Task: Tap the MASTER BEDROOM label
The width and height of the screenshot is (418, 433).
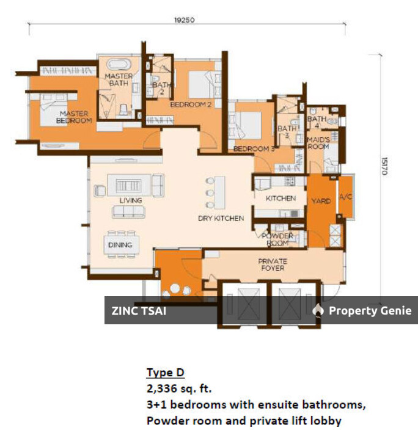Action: click(x=75, y=117)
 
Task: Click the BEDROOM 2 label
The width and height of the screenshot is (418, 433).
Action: click(x=190, y=104)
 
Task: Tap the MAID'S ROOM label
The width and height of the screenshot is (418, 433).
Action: click(x=318, y=143)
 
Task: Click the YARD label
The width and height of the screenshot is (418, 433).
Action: click(x=321, y=199)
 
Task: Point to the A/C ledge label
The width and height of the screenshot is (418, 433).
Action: click(x=345, y=197)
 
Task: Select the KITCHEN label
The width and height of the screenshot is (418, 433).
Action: click(x=280, y=198)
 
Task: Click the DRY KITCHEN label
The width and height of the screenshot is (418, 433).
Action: click(x=221, y=218)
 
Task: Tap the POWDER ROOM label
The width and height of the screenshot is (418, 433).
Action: click(x=277, y=239)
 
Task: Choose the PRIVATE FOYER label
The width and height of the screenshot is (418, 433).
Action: click(x=272, y=264)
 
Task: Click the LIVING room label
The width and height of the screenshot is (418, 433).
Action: click(x=131, y=200)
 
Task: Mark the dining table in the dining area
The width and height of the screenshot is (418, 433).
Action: click(x=120, y=244)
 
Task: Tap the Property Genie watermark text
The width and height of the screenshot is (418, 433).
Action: click(x=370, y=310)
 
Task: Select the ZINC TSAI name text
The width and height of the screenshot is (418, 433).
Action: click(x=139, y=310)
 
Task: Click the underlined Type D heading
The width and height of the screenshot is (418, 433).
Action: click(x=165, y=373)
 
